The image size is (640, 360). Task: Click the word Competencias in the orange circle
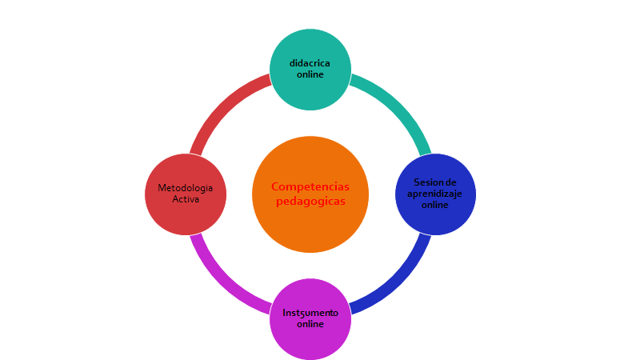tap(310, 186)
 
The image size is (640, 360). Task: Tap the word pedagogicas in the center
tap(310, 201)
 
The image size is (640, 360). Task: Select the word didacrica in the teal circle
tap(310, 63)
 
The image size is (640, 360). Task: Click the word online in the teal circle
tap(310, 74)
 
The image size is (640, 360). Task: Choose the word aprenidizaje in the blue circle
tap(434, 194)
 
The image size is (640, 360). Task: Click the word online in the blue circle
tap(434, 205)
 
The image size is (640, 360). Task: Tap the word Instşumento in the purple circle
tap(310, 313)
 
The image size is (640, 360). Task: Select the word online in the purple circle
tap(310, 324)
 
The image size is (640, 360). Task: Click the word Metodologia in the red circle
tap(185, 188)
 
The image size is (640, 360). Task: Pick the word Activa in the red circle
tap(185, 199)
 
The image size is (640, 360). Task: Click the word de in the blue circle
tap(451, 182)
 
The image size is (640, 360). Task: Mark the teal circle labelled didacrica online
tap(310, 48)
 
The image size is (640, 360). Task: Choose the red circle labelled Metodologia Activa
tap(185, 216)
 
